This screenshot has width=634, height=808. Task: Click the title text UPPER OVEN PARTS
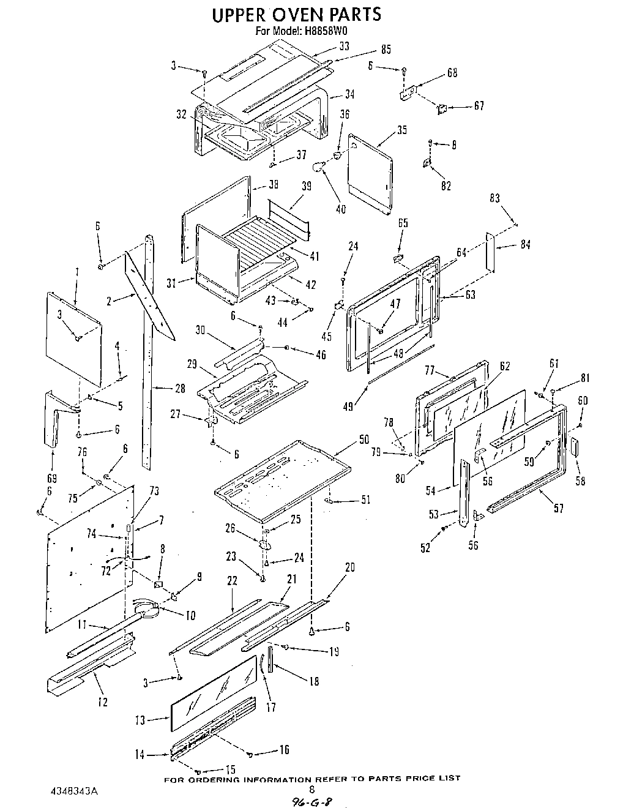point(296,14)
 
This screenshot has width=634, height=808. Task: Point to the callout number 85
point(386,50)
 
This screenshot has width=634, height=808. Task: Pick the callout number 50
point(364,439)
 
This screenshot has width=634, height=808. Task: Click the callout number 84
point(525,245)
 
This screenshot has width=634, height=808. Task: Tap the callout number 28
point(179,388)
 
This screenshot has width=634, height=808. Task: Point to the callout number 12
point(102,701)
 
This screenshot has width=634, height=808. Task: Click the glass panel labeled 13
point(213,695)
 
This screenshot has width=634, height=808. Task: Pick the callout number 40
point(340,209)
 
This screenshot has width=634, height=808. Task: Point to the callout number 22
point(232,582)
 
